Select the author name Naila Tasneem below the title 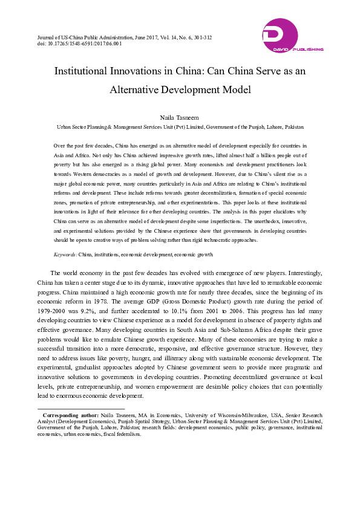tap(180, 117)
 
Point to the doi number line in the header tap(70, 44)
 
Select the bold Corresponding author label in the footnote tap(71, 416)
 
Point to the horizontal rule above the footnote tap(73, 409)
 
